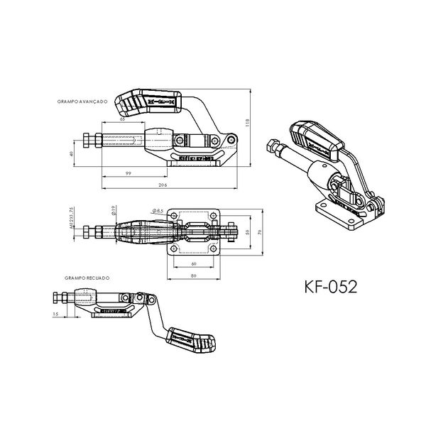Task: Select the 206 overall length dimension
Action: (x=164, y=185)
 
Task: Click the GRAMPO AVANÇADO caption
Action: (x=82, y=102)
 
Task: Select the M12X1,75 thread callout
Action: (x=73, y=223)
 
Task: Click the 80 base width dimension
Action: (x=195, y=274)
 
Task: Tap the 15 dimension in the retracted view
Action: (x=55, y=312)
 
